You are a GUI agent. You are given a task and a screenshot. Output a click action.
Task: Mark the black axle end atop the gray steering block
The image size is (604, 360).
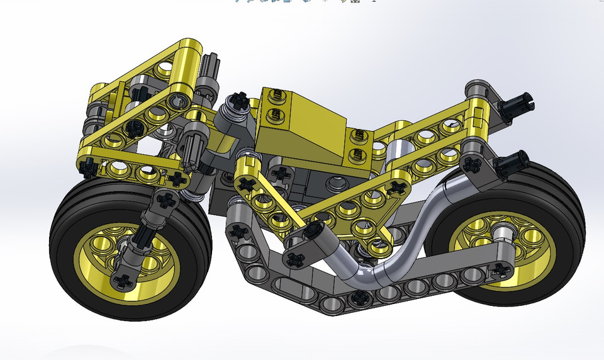[x=240, y=99]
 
